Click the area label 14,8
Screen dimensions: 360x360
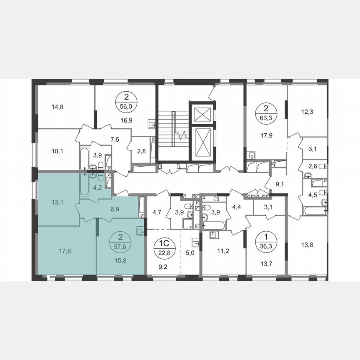coord(58,106)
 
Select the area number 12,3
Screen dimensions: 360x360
coord(307,111)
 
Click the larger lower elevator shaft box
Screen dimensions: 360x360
coord(202,142)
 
